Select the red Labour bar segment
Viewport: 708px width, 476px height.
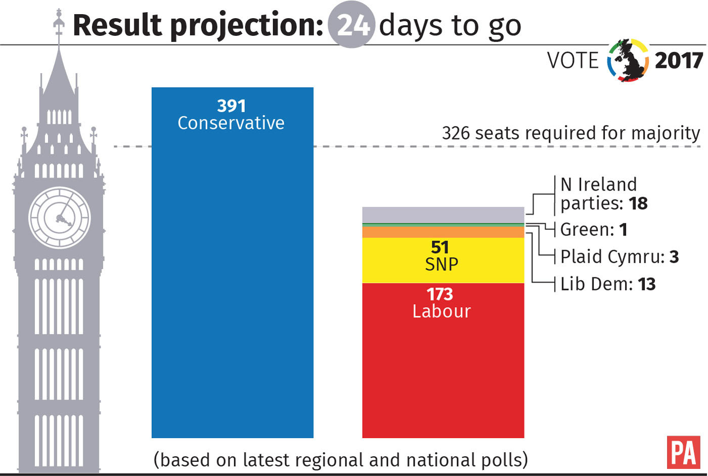[x=443, y=374]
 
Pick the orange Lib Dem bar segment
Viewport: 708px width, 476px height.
[x=443, y=232]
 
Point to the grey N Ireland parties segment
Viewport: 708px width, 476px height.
[x=443, y=215]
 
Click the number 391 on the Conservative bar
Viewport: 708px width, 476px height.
[x=231, y=106]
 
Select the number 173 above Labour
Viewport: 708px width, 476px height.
[x=439, y=294]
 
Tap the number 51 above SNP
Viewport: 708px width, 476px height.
[x=439, y=247]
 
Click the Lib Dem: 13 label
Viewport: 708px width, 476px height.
[x=608, y=284]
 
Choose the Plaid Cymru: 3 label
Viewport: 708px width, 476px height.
[x=619, y=257]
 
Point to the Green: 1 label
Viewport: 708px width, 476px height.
[x=594, y=229]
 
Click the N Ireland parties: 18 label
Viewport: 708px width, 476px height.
[x=603, y=194]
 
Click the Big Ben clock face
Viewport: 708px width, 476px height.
[x=60, y=218]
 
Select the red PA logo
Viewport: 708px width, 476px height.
[x=683, y=452]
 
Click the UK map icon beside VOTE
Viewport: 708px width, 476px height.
[x=628, y=61]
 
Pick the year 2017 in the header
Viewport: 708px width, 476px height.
[x=679, y=61]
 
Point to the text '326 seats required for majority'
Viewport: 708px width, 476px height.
[x=570, y=133]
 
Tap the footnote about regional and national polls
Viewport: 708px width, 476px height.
[x=340, y=460]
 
